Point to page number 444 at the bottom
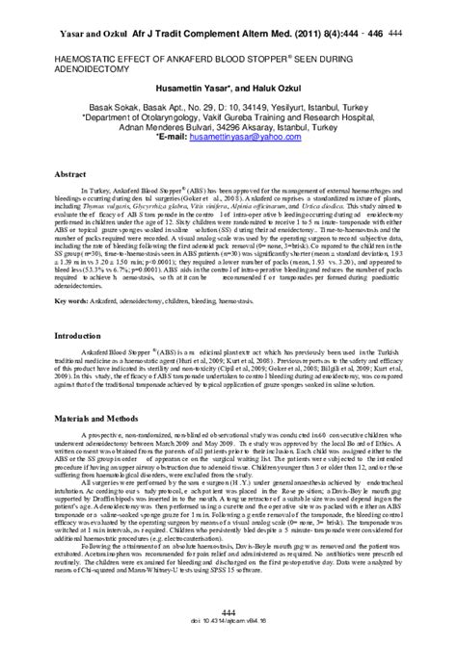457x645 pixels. [228, 612]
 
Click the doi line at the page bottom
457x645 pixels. [228, 625]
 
